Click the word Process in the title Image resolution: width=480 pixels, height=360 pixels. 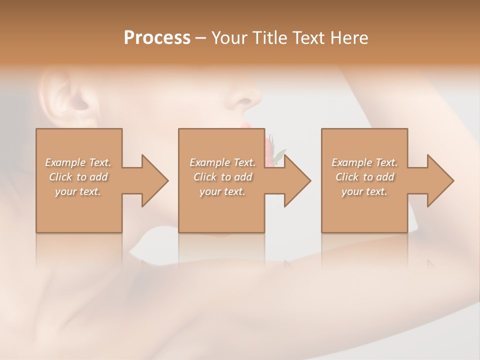(x=157, y=38)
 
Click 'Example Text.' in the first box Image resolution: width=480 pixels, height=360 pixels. (x=78, y=162)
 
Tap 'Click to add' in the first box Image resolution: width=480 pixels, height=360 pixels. (x=78, y=177)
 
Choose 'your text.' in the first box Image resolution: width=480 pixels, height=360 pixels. (x=78, y=191)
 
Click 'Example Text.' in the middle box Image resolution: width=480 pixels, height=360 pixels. (x=222, y=162)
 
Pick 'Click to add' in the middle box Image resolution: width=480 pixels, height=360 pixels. (x=222, y=177)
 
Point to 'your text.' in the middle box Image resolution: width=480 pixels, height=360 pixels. (x=222, y=191)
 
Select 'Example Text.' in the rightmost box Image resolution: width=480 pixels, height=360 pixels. (x=364, y=162)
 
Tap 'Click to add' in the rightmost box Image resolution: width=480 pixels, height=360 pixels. (x=364, y=177)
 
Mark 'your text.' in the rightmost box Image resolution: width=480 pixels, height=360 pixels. (x=364, y=191)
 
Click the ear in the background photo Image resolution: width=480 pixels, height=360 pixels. (x=65, y=97)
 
